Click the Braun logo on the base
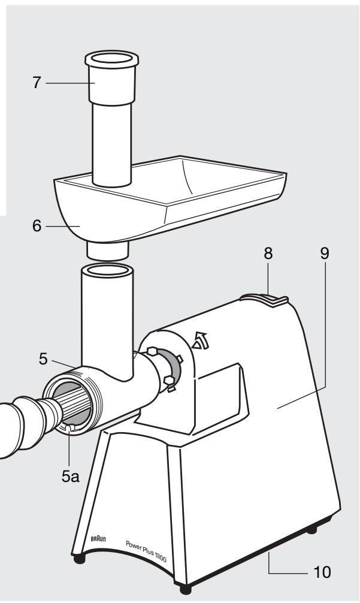click(x=99, y=539)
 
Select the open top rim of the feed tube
click(x=107, y=270)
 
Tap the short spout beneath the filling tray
click(x=108, y=251)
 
